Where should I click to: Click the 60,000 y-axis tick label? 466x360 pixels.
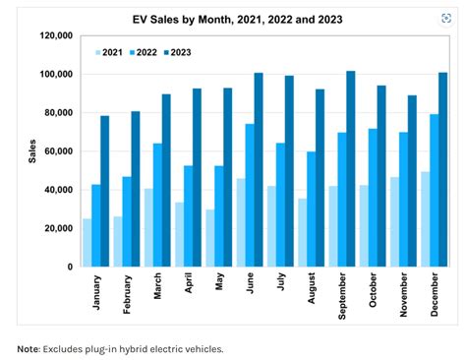point(57,151)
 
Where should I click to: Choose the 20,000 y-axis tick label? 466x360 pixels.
point(57,228)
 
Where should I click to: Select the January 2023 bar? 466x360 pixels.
point(105,191)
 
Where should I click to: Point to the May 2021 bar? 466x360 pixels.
point(210,237)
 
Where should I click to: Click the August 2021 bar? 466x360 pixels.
point(303,232)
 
